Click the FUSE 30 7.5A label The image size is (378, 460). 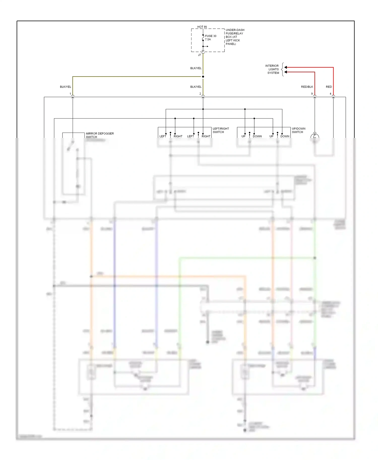pos(210,38)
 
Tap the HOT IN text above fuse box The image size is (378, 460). pos(202,27)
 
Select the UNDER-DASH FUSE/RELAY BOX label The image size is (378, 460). pos(235,37)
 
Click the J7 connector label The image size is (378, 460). pos(199,55)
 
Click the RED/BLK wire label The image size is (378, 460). pos(307,87)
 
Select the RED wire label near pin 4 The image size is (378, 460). pos(329,87)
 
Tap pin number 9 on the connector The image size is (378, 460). pos(312,94)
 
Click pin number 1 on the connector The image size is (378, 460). pos(70,94)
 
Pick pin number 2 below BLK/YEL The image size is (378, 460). pos(200,94)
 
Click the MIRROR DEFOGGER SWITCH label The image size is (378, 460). pos(100,135)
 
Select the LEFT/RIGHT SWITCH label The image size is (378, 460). pos(220,130)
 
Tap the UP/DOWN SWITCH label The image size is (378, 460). pos(298,130)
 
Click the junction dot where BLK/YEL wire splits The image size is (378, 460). pos(203,76)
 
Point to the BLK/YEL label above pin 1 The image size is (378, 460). pos(66,87)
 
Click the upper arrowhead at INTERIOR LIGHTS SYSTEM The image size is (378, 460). pos(286,67)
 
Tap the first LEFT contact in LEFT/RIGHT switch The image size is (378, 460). pos(163,136)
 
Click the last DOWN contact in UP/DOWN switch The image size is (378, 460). pos(285,136)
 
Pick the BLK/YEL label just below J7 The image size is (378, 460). pos(196,68)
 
